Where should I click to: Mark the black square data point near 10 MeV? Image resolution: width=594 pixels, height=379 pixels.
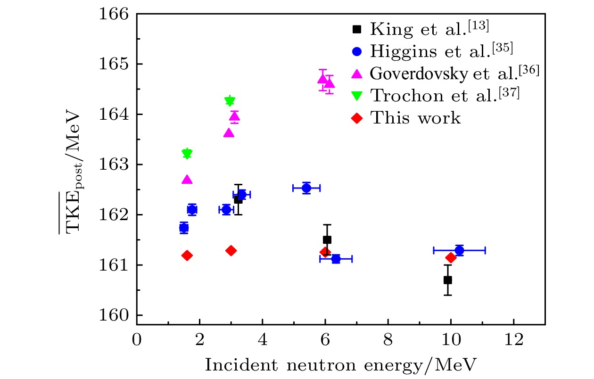447,280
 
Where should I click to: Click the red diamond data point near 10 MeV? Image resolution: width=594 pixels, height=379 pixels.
451,257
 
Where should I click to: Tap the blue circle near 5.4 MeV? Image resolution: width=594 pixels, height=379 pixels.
306,188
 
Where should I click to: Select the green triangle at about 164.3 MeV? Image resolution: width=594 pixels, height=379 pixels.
230,100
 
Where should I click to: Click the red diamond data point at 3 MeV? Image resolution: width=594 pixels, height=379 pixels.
231,250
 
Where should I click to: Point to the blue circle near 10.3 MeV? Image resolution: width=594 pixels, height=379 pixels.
459,250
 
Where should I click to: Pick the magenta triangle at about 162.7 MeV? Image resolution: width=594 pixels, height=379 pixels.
187,180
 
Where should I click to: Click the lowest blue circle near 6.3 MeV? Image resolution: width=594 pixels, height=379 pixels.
336,258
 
